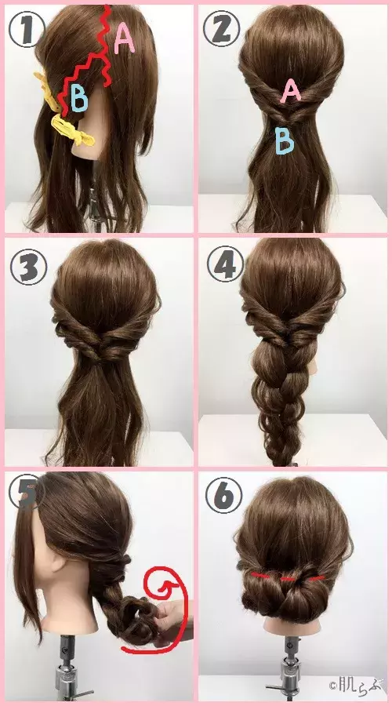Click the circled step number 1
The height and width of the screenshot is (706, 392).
pos(23,31)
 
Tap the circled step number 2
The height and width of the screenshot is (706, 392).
pos(220,29)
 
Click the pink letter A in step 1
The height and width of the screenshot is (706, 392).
pos(125,37)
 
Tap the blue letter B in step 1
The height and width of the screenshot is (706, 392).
pos(79,97)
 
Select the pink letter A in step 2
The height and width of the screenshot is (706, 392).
pos(291,93)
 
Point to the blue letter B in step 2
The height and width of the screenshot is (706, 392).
pos(285,140)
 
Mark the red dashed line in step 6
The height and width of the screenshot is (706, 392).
pos(287,578)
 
